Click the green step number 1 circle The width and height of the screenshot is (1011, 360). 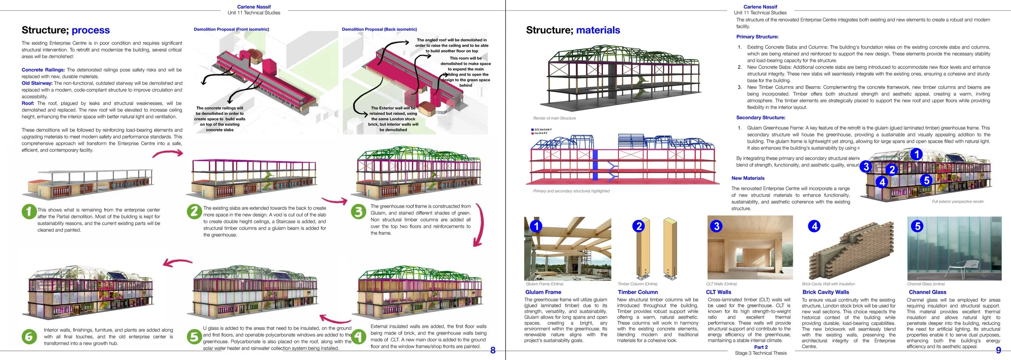click(x=29, y=211)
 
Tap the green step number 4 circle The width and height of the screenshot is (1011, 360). click(x=359, y=337)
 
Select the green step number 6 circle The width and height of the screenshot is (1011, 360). click(x=29, y=337)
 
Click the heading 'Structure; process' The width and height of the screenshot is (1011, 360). click(x=66, y=30)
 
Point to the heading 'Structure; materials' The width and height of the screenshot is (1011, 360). click(x=573, y=30)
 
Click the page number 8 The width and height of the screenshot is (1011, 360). click(x=493, y=350)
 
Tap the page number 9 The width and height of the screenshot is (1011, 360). click(x=998, y=350)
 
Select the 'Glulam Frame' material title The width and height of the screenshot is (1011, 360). click(x=543, y=292)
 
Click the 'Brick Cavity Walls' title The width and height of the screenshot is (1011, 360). click(x=825, y=292)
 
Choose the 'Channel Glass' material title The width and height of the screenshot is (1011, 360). click(x=927, y=292)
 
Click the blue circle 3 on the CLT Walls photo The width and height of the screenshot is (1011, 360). click(x=716, y=226)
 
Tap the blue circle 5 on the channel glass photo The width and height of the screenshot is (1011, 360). click(x=917, y=226)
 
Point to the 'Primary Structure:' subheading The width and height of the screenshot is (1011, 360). click(x=757, y=37)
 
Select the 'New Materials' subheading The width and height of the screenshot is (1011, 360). click(x=748, y=178)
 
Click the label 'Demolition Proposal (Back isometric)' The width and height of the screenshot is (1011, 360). click(x=379, y=29)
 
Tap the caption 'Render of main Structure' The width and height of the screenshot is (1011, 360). click(x=554, y=118)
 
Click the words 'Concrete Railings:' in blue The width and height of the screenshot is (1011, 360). click(x=43, y=70)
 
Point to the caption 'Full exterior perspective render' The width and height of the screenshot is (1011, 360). click(x=958, y=201)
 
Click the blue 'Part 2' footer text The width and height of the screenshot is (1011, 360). click(x=761, y=347)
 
